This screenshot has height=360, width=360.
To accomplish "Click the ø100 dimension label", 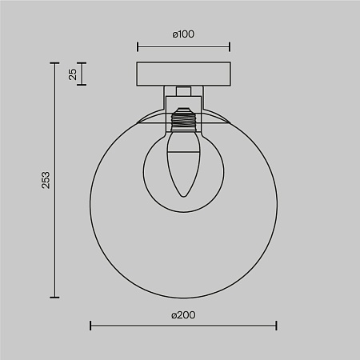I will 184,34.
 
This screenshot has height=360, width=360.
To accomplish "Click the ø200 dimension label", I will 183,314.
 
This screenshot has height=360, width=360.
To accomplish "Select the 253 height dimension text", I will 46,180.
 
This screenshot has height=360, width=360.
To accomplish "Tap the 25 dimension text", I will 73,74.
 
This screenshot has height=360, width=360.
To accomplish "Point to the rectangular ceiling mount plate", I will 183,74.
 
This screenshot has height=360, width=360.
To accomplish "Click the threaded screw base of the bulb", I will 183,122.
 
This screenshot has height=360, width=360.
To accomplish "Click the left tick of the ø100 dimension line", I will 138,46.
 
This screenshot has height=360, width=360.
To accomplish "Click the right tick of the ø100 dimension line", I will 230,46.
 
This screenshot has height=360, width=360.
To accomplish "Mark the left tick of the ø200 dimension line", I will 90,326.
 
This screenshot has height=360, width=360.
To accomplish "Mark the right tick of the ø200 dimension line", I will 277,326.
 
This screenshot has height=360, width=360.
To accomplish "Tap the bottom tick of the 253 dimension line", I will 55,296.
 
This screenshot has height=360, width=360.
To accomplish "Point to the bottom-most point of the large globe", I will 183,296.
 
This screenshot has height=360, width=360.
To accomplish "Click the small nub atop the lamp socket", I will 183,92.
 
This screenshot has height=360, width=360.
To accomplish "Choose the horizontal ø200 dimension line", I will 183,326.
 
